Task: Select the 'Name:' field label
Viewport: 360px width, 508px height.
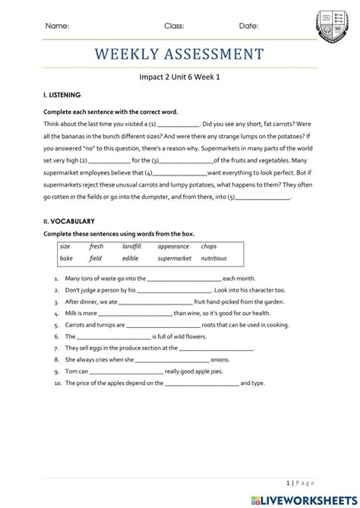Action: click(57, 26)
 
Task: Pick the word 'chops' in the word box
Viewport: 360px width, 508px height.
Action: click(209, 247)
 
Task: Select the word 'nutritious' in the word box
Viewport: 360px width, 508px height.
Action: click(213, 258)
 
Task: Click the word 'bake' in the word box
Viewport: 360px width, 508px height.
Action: click(66, 258)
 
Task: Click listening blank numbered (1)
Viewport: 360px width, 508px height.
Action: click(177, 124)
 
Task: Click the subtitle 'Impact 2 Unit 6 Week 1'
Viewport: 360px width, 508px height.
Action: click(179, 77)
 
